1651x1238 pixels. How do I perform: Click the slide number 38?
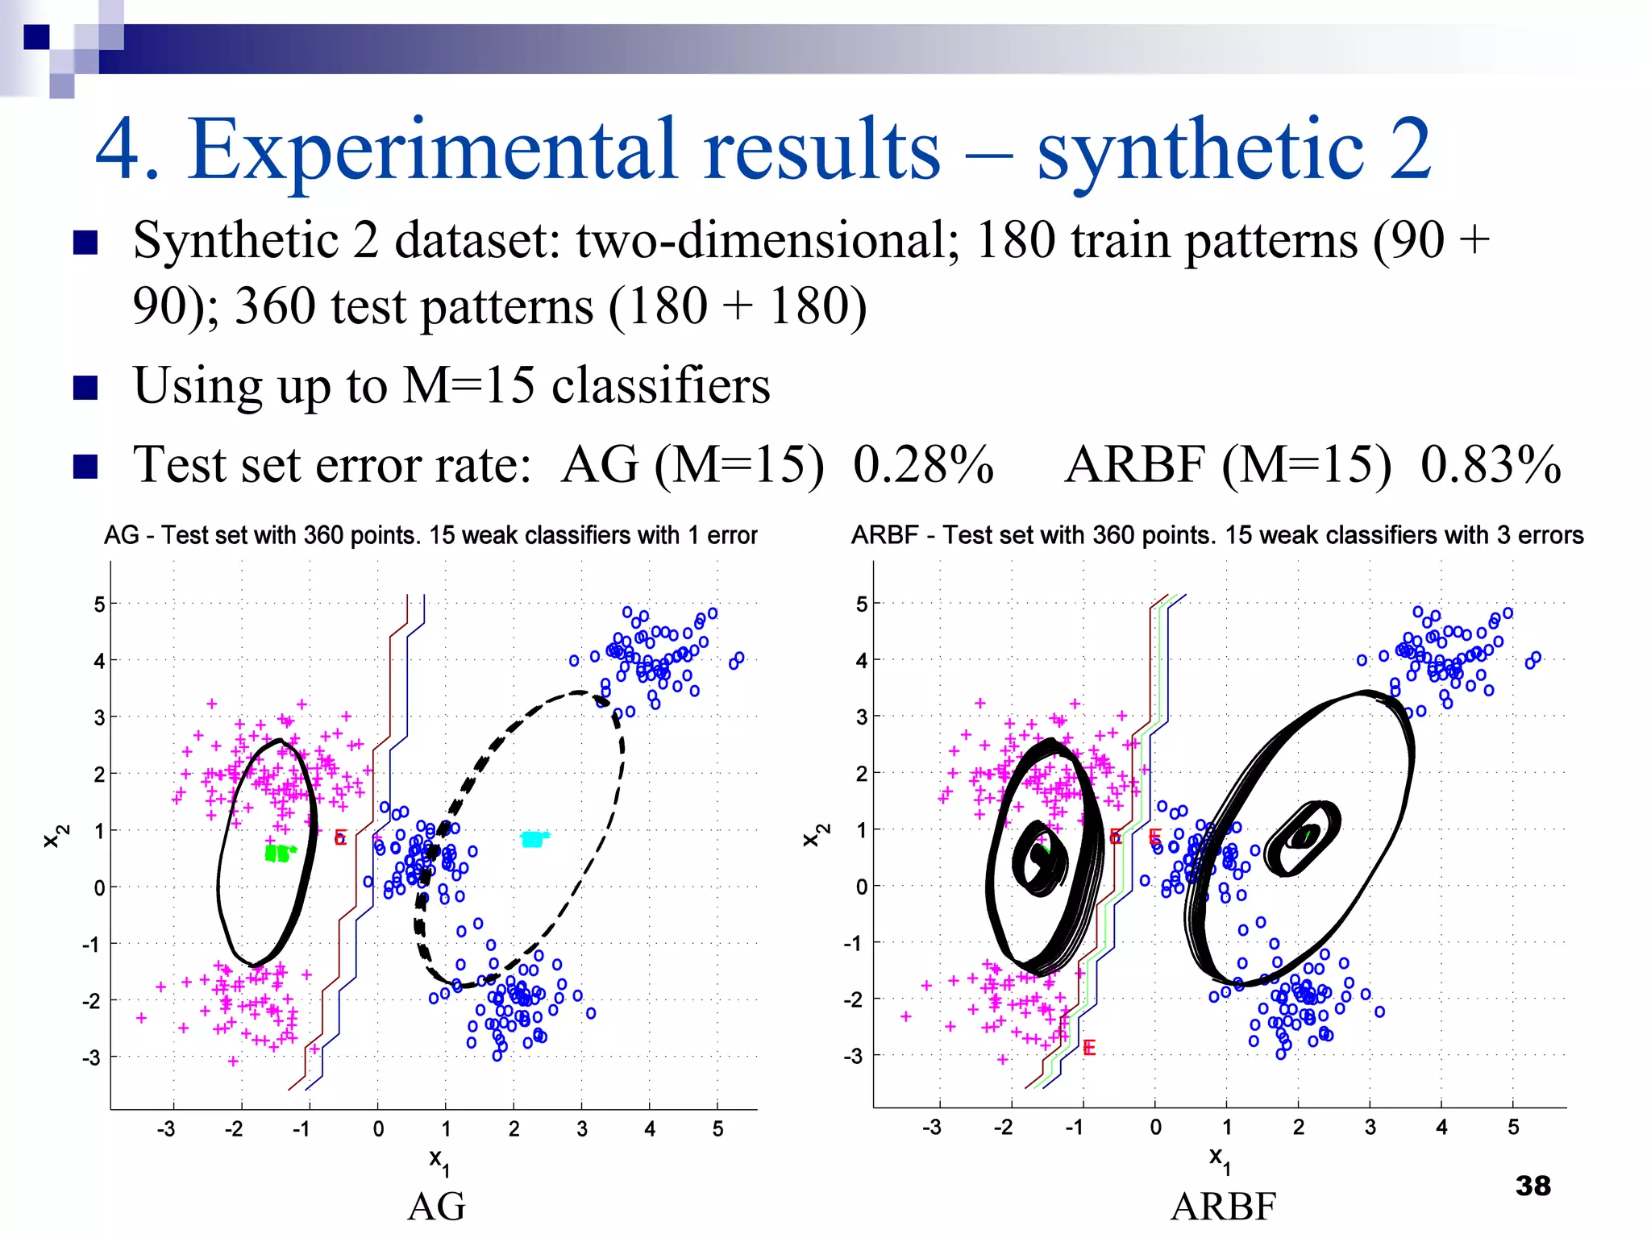tap(1532, 1186)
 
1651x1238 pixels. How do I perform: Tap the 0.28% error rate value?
tap(923, 465)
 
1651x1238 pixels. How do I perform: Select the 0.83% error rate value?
tap(1491, 465)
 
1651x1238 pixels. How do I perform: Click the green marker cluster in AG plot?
tap(279, 853)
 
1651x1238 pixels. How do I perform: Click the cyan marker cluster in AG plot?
tap(534, 839)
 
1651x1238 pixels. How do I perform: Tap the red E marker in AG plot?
tap(340, 838)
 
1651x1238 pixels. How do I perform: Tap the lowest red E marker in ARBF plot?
tap(1089, 1048)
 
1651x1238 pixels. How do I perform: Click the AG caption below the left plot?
tap(436, 1207)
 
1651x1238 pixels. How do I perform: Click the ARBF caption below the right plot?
tap(1223, 1207)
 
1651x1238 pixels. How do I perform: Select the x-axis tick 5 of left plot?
tap(717, 1129)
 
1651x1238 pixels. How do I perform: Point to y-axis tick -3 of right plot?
tap(854, 1056)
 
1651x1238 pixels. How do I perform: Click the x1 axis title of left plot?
tap(439, 1161)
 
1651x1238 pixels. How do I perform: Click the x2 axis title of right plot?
tap(815, 835)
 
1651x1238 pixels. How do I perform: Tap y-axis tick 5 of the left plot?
tap(99, 604)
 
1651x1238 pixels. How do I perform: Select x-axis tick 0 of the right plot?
tap(1155, 1128)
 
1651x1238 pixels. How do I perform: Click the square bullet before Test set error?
tap(85, 467)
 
